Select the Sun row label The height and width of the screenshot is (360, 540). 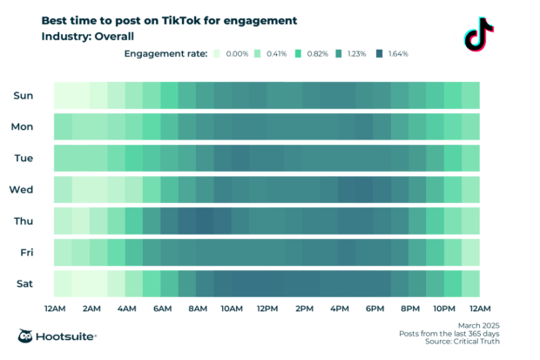23,95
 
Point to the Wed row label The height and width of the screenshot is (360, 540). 22,189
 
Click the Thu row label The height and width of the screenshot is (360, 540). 23,221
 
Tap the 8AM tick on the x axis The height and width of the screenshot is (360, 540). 197,309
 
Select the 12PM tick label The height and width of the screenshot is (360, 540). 267,309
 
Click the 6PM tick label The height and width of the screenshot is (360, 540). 375,309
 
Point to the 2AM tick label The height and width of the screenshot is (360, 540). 91,309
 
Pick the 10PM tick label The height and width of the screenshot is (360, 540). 444,309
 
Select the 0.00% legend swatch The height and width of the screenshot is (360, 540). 217,54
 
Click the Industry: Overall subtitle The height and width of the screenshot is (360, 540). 90,36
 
